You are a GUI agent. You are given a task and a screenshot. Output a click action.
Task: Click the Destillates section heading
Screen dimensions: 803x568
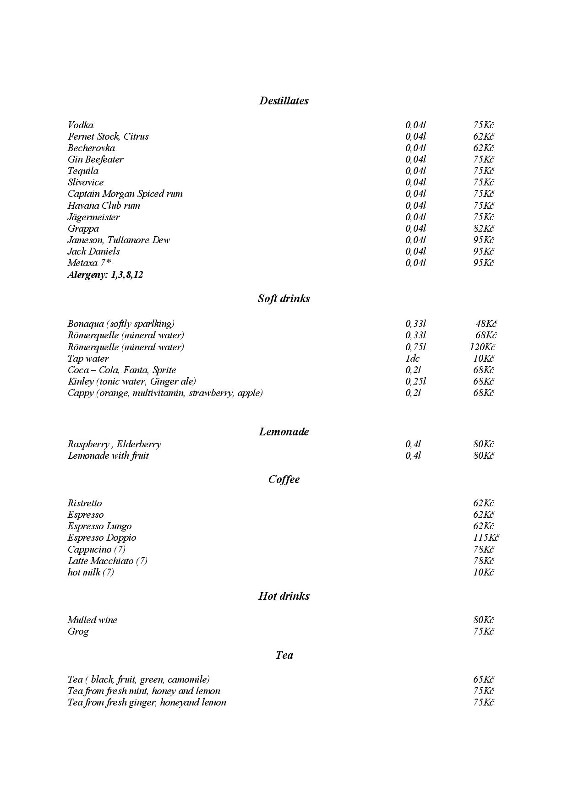[x=284, y=101]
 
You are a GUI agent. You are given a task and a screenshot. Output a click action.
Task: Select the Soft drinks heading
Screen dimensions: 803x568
[x=284, y=298]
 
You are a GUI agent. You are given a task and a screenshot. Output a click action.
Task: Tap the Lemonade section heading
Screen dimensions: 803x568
[x=284, y=432]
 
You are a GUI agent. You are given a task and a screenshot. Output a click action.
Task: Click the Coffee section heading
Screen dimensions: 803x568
[x=284, y=479]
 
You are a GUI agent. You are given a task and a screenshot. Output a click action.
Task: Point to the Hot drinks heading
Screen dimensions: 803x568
[x=284, y=596]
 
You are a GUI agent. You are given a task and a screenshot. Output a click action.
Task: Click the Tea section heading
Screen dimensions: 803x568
[x=284, y=655]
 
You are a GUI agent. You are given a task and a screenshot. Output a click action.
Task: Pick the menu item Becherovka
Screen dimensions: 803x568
[x=91, y=148]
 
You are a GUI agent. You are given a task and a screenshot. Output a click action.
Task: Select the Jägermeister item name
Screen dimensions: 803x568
[x=93, y=217]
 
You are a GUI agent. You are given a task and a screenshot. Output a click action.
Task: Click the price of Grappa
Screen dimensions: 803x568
[x=483, y=228]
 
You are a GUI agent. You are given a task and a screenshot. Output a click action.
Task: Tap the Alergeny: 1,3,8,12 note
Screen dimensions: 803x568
[x=105, y=275]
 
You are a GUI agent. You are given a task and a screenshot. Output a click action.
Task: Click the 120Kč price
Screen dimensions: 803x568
[x=482, y=347]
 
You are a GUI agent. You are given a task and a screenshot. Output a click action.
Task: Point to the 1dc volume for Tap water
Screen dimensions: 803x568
[x=412, y=358]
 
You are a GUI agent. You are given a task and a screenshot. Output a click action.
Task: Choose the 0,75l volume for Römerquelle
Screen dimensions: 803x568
[x=415, y=347]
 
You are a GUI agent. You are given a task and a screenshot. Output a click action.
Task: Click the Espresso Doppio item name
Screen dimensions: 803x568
[x=102, y=537]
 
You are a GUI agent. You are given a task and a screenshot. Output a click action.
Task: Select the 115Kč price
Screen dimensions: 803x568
[x=486, y=537]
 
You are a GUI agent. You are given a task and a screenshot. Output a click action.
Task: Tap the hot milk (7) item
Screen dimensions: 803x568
[x=91, y=572]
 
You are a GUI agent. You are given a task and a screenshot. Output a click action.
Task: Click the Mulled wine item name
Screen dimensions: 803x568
[x=92, y=620]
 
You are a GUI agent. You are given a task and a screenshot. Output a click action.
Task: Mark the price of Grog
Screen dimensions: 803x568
[x=483, y=631]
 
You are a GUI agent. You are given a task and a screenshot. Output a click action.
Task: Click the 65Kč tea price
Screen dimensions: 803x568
[x=483, y=679]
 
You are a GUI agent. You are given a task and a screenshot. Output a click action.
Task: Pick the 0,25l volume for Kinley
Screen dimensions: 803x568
[x=415, y=381]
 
